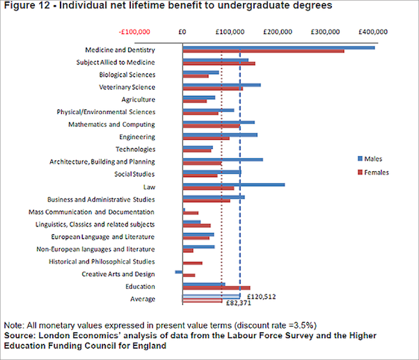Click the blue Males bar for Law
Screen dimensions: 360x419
point(233,185)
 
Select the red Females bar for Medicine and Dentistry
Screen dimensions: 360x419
point(263,51)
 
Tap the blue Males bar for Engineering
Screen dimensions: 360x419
point(220,135)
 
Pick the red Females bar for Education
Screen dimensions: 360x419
point(216,288)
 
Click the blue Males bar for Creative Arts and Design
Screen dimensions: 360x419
point(179,272)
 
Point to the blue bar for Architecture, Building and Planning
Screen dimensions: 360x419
point(222,160)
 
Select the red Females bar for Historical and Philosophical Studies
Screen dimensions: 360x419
point(192,263)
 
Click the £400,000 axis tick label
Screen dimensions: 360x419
point(373,31)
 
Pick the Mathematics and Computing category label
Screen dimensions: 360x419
point(111,124)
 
